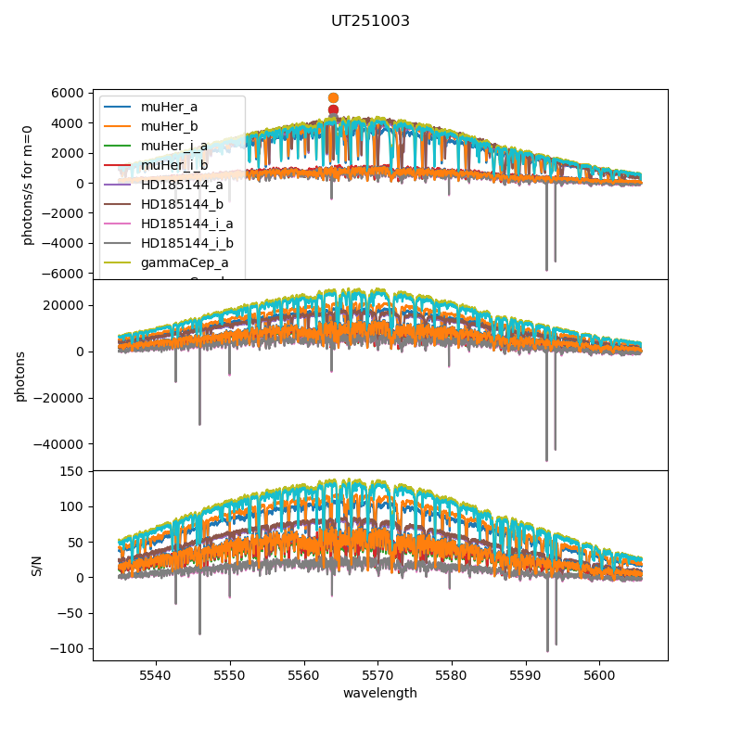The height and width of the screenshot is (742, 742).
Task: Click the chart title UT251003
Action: click(x=370, y=21)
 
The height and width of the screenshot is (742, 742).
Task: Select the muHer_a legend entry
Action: click(x=169, y=107)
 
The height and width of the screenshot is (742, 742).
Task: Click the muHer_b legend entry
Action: click(x=169, y=126)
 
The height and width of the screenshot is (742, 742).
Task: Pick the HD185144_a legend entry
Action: click(x=182, y=185)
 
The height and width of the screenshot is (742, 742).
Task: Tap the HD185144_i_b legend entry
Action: click(x=186, y=243)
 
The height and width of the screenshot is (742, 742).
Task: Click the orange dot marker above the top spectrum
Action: click(x=333, y=97)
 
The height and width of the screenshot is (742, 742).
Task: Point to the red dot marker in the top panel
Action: click(x=333, y=109)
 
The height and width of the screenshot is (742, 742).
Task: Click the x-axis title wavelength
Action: click(x=379, y=693)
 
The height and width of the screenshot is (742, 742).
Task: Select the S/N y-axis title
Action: click(x=37, y=566)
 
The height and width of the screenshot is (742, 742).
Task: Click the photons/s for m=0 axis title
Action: click(x=28, y=185)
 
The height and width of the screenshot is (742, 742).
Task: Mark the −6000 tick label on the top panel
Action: click(x=66, y=274)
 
